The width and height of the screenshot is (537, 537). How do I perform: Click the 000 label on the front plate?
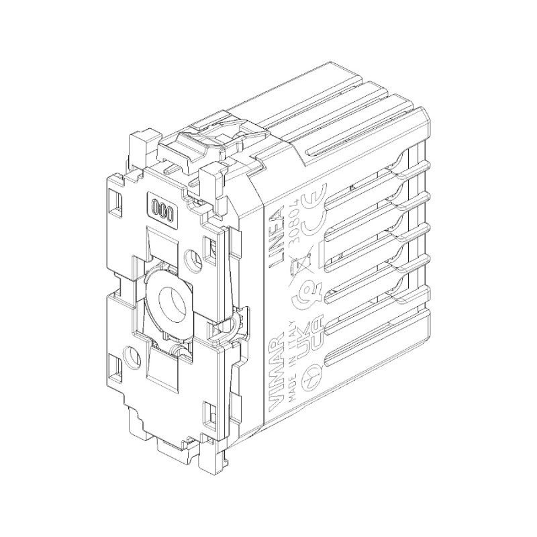(162, 208)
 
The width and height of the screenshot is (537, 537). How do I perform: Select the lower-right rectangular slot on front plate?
(206, 409)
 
